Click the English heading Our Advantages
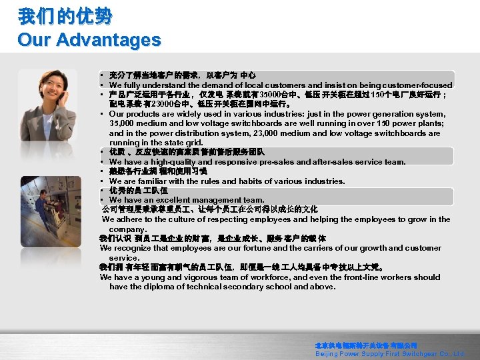tap(89, 40)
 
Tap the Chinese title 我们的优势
tap(65, 16)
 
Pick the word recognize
tap(129, 248)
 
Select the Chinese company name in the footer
tap(366, 346)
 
